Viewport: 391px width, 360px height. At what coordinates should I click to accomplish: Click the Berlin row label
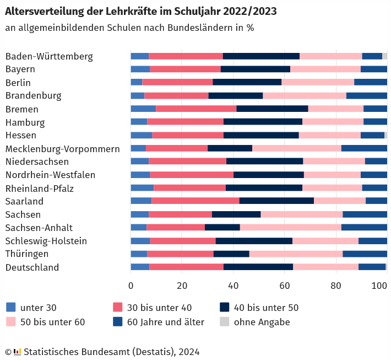[x=18, y=83]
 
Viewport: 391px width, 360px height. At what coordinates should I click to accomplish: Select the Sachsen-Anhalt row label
[x=39, y=228]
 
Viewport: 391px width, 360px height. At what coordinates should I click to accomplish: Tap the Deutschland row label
[x=32, y=267]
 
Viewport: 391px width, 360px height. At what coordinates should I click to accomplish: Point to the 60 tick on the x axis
[x=285, y=286]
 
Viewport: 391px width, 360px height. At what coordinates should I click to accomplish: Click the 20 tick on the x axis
[x=182, y=286]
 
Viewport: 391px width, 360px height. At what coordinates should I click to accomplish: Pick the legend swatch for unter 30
[x=11, y=308]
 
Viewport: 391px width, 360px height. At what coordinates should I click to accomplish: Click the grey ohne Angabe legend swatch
[x=225, y=322]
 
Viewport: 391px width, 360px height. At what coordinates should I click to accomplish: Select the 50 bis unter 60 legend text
[x=52, y=322]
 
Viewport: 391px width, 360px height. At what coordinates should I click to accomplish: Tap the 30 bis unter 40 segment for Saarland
[x=196, y=201]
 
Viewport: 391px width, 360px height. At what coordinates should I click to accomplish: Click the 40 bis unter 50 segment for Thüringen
[x=231, y=254]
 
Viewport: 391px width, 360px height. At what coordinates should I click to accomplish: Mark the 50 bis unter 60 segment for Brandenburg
[x=305, y=95]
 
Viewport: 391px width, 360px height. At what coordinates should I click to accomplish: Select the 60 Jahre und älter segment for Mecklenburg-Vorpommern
[x=364, y=148]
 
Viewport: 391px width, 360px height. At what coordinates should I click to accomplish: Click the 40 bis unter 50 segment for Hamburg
[x=263, y=122]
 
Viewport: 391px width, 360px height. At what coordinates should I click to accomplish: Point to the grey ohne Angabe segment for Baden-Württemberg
[x=385, y=56]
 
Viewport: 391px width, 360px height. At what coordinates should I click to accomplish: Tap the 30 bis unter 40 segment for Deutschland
[x=186, y=267]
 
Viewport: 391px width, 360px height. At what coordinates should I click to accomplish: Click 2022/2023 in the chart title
[x=247, y=11]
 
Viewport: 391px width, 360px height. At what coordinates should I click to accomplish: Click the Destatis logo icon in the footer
[x=17, y=352]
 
